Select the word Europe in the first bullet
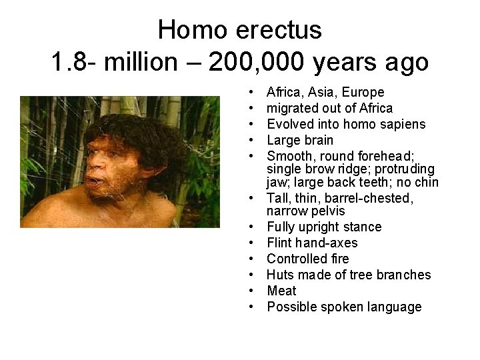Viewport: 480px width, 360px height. pos(363,92)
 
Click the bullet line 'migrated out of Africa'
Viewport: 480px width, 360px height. pos(329,108)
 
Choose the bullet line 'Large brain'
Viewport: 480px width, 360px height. pos(300,140)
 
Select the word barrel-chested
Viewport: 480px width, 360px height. pos(377,198)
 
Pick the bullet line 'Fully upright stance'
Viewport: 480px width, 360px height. pos(324,227)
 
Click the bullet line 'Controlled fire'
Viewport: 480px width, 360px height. pos(307,259)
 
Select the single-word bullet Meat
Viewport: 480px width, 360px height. pos(282,291)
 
